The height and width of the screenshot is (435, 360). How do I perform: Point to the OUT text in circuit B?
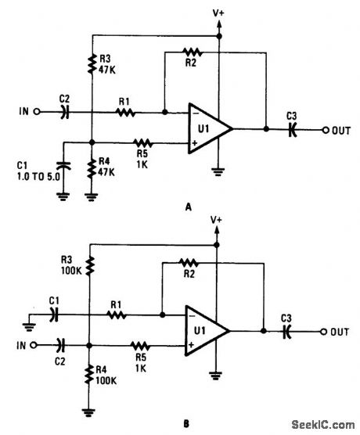339,332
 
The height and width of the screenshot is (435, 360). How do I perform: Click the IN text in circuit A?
24,112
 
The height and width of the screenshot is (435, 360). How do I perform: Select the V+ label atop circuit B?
216,221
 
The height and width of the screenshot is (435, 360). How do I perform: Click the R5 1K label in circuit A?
142,153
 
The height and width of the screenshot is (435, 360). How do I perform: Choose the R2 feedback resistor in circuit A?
191,53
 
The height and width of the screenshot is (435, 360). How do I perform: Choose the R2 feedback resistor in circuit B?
189,263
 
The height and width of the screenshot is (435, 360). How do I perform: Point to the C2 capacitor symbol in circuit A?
64,112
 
